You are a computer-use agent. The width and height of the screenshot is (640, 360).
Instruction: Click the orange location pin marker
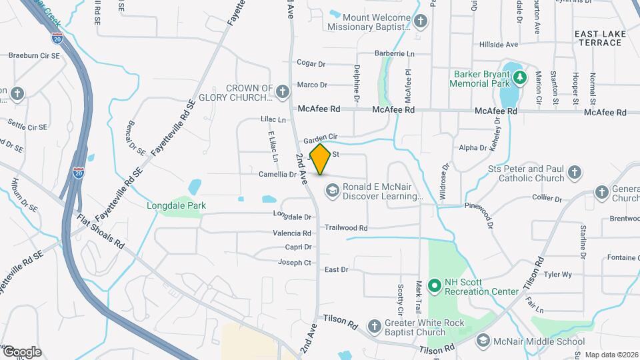tap(320, 159)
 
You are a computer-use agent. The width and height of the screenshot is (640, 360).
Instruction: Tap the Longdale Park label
tap(176, 205)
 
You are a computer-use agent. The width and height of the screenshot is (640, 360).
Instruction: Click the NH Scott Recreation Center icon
tap(435, 286)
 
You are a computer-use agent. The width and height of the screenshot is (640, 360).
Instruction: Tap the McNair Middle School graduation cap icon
tap(482, 341)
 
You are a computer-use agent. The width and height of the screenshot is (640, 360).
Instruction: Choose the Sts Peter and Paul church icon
tap(575, 174)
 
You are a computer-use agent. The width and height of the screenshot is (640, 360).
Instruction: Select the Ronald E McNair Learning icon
tap(331, 191)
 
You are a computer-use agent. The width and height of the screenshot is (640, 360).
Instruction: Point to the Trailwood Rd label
tap(346, 227)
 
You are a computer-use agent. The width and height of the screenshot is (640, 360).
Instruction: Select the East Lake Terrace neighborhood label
tap(599, 37)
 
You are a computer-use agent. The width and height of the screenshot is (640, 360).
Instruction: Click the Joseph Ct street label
tap(294, 263)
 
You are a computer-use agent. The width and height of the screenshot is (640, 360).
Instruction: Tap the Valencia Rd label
tap(292, 233)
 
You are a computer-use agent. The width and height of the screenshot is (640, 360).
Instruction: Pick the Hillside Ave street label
tap(499, 45)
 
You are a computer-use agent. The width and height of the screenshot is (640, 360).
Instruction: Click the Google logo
tap(21, 351)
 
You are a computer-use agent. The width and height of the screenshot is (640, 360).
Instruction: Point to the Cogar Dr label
tap(311, 64)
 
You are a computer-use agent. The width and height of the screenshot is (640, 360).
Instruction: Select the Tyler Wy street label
tap(558, 274)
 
